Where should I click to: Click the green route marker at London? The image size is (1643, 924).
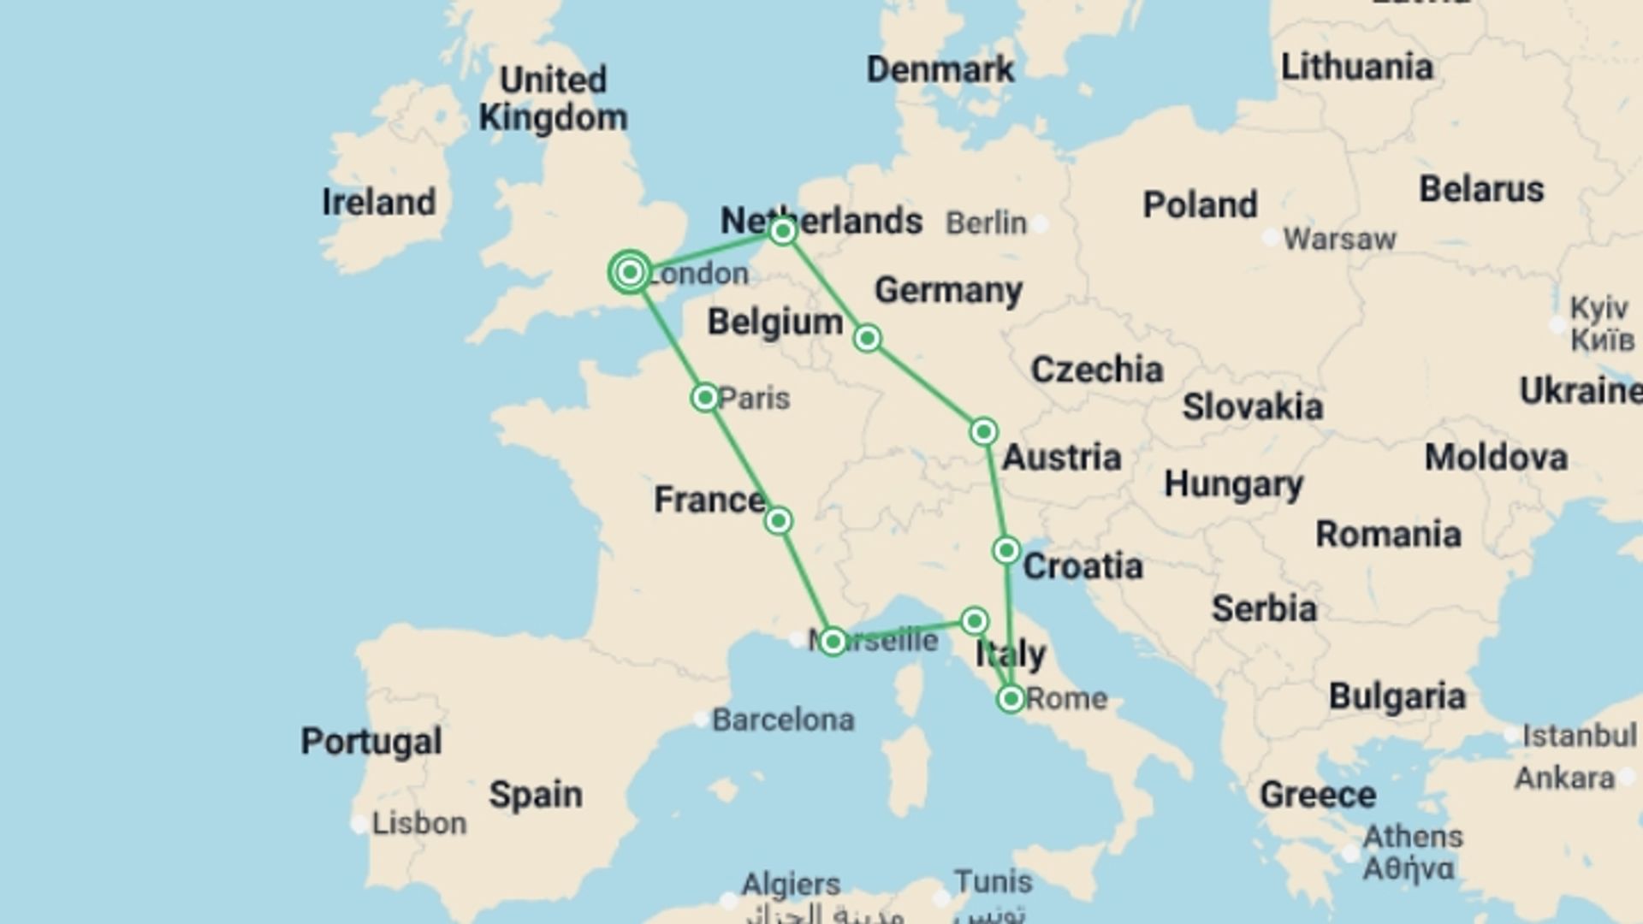631,272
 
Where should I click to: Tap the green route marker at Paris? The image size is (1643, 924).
705,398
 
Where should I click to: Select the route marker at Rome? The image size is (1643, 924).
1011,699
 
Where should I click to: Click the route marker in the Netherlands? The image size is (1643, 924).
782,231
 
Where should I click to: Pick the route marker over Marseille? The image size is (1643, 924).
833,641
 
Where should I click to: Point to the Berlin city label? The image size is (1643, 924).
986,223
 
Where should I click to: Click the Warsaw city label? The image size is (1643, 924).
1339,239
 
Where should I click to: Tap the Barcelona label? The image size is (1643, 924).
783,720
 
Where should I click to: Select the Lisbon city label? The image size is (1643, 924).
419,823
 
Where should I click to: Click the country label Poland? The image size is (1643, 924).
1200,204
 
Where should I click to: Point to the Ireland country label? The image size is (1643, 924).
378,202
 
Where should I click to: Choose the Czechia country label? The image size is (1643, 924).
1096,370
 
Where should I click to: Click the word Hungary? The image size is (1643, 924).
1233,485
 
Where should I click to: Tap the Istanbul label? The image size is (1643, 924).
1579,735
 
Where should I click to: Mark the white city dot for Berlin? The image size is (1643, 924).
1040,224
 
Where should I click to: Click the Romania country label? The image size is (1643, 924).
1388,534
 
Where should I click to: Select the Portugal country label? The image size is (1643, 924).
371,741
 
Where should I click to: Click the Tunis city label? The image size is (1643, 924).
993,881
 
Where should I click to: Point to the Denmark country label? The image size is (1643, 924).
940,69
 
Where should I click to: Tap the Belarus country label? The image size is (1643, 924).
1481,189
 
